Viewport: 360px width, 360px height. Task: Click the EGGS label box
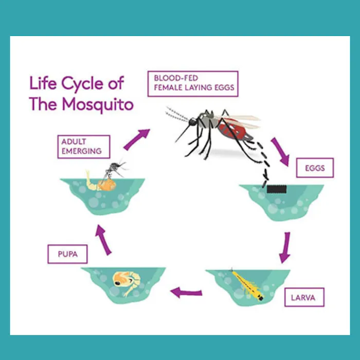click(315, 168)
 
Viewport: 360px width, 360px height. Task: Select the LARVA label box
click(304, 297)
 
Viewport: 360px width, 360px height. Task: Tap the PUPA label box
click(67, 254)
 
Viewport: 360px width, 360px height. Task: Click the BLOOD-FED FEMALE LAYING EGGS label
click(193, 83)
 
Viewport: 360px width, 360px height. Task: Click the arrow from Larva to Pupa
click(186, 293)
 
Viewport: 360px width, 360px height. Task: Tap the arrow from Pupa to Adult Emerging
click(103, 240)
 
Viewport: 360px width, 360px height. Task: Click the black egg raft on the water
click(277, 188)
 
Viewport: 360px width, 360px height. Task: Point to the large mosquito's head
click(193, 122)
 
